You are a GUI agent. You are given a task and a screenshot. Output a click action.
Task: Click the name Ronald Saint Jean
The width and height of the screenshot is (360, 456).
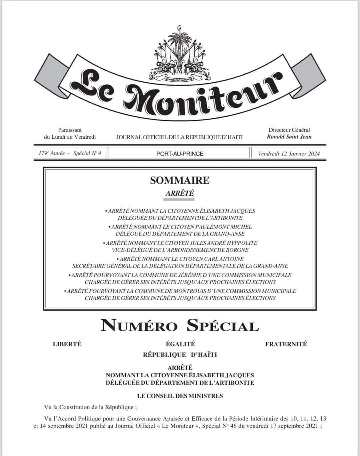tap(289, 136)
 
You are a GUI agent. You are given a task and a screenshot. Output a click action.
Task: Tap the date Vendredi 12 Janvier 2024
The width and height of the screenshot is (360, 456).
tap(289, 153)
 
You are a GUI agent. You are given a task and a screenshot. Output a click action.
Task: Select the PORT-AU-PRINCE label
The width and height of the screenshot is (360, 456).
tap(180, 154)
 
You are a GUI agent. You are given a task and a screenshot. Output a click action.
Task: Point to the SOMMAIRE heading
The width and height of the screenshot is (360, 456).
tap(180, 180)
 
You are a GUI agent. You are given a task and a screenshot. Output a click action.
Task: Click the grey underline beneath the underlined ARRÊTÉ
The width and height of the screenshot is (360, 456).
tap(179, 199)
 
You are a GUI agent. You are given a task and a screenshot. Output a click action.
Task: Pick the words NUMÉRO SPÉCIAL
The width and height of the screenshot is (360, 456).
tap(180, 326)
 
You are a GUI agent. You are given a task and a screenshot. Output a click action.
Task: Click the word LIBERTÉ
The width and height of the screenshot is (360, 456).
tap(67, 344)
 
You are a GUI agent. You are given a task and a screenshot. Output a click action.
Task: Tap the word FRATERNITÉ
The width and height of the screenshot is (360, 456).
tap(286, 344)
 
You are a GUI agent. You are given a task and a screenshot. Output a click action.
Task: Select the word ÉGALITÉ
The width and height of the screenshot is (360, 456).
tap(180, 344)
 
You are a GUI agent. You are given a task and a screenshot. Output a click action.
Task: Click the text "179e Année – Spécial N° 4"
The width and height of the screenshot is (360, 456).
tap(70, 153)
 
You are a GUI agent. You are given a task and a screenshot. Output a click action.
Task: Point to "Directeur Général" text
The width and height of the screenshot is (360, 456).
tap(289, 130)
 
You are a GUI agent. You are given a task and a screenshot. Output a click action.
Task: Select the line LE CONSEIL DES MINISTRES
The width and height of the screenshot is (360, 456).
tap(180, 396)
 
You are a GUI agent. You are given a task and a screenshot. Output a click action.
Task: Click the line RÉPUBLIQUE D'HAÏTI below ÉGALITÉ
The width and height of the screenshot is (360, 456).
tap(180, 355)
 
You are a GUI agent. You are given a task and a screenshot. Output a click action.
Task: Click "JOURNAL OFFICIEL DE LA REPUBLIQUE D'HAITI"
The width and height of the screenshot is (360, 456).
tap(179, 137)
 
